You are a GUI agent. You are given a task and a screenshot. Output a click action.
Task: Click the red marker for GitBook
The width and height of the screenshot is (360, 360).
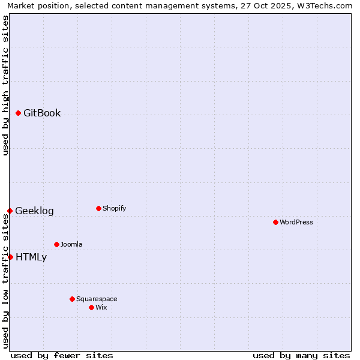click(18, 113)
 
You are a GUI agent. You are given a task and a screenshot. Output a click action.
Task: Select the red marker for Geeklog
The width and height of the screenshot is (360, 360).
click(10, 211)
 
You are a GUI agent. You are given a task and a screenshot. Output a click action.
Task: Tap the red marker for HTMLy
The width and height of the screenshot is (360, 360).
click(10, 257)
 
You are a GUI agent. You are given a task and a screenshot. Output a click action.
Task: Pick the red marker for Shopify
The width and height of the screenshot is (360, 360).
click(98, 208)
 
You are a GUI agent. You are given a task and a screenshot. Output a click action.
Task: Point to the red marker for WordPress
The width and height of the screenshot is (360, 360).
click(275, 222)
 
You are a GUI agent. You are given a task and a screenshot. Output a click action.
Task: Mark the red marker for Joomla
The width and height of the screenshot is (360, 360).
click(56, 244)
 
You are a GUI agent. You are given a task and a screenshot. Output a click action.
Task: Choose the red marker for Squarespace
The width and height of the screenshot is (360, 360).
click(72, 299)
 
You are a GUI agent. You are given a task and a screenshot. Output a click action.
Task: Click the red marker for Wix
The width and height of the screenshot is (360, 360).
click(91, 307)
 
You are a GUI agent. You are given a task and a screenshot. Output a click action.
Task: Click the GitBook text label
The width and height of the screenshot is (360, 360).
click(42, 113)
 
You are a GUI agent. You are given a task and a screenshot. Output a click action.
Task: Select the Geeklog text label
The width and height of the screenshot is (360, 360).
click(34, 211)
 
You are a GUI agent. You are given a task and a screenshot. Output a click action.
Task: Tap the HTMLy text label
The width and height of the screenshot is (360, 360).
click(31, 257)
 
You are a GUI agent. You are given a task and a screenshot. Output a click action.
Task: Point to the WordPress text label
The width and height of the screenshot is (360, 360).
click(296, 222)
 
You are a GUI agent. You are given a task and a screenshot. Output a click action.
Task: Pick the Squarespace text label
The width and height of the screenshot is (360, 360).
click(97, 299)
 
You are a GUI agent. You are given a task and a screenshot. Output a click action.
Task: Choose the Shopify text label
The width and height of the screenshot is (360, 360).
click(114, 208)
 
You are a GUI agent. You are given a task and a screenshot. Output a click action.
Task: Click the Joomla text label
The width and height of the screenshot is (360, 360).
click(71, 244)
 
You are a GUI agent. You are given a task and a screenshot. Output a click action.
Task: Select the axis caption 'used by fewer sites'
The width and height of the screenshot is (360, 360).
click(62, 355)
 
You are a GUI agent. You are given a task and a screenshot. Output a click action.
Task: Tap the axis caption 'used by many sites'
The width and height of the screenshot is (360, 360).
click(301, 355)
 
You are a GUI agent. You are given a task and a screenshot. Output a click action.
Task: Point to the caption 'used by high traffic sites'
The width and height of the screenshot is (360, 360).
click(5, 85)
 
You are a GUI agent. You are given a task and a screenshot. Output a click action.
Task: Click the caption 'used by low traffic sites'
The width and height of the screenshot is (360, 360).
click(5, 280)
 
